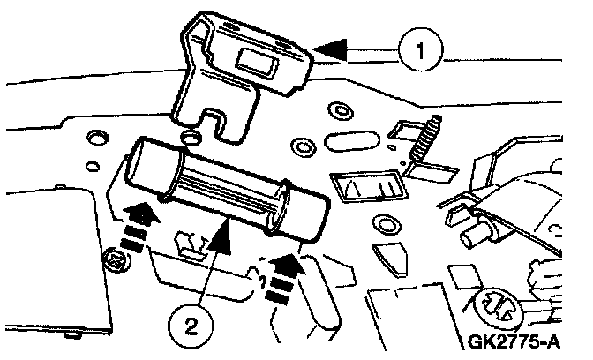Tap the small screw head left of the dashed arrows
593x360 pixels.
[x=114, y=261]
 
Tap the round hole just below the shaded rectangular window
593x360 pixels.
[x=384, y=221]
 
